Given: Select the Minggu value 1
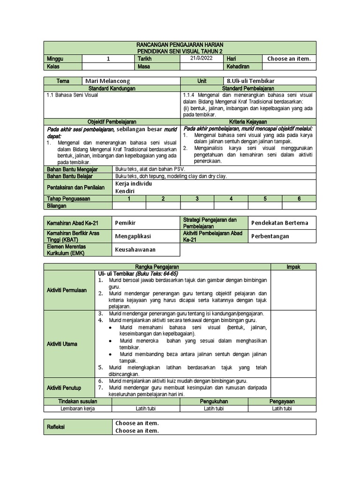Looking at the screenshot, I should pos(108,59).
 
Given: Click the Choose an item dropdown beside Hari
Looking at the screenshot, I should pos(289,59).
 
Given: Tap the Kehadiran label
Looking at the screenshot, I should pos(238,67).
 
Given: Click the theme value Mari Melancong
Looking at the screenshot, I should pos(108,81).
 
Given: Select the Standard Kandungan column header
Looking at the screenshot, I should pos(112,88).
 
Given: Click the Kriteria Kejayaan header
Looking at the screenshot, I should pos(248,121).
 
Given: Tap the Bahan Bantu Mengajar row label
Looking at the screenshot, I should pos(69,168).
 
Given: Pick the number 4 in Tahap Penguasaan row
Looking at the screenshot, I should pos(231,199).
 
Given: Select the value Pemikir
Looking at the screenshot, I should pos(125,223).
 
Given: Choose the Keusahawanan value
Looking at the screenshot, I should pos(135,249).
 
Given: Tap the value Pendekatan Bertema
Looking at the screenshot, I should pos(280,223).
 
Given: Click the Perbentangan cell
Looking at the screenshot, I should pos(270,236).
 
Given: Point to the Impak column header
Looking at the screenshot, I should pos(293,267).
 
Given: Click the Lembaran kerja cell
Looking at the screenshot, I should pos(78,408).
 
